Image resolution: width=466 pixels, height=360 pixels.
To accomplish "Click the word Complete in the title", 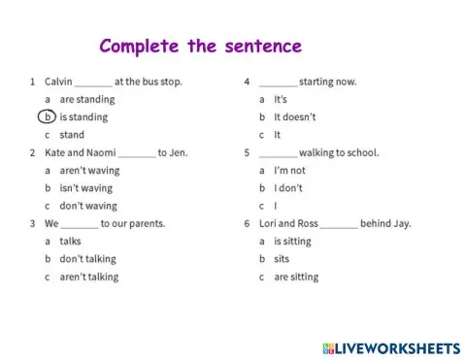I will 136,47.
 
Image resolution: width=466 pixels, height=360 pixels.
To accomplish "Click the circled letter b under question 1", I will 47,117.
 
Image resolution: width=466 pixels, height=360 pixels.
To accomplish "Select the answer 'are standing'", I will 86,99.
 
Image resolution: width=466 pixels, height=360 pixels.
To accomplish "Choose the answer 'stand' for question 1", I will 72,135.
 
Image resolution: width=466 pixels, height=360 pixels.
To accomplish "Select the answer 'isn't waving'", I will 85,188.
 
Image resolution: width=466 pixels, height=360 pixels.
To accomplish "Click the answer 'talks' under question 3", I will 70,241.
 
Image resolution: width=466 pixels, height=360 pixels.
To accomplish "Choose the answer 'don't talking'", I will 87,259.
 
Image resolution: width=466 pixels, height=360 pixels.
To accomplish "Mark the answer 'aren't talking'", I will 88,277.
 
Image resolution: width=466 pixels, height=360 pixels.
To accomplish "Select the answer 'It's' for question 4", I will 281,99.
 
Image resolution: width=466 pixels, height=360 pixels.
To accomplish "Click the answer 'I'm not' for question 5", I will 290,170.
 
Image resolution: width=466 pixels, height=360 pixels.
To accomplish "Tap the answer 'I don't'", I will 288,188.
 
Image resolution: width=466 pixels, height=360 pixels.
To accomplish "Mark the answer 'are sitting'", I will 296,277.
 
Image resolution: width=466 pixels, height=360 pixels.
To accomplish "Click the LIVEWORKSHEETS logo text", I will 397,347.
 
